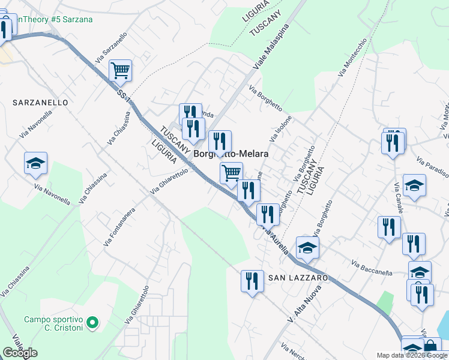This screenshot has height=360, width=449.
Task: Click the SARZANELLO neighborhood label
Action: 40,103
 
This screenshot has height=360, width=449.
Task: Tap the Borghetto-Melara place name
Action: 231,154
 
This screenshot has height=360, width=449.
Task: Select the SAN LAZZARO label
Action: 298,278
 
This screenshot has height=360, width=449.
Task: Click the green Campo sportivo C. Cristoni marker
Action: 92,323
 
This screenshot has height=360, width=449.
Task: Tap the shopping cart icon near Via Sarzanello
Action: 121,70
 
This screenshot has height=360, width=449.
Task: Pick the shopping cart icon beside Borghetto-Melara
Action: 231,173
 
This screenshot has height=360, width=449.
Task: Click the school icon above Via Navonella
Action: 35,163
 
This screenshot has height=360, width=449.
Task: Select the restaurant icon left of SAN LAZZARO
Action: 252,281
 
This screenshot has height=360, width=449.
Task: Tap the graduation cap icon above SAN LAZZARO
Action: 307,247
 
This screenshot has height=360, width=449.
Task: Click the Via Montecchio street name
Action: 352,58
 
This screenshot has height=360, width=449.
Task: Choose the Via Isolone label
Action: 280,128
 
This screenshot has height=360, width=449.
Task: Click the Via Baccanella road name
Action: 372,268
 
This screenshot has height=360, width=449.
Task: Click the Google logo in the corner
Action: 20,353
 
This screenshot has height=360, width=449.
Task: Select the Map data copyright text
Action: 411,355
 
